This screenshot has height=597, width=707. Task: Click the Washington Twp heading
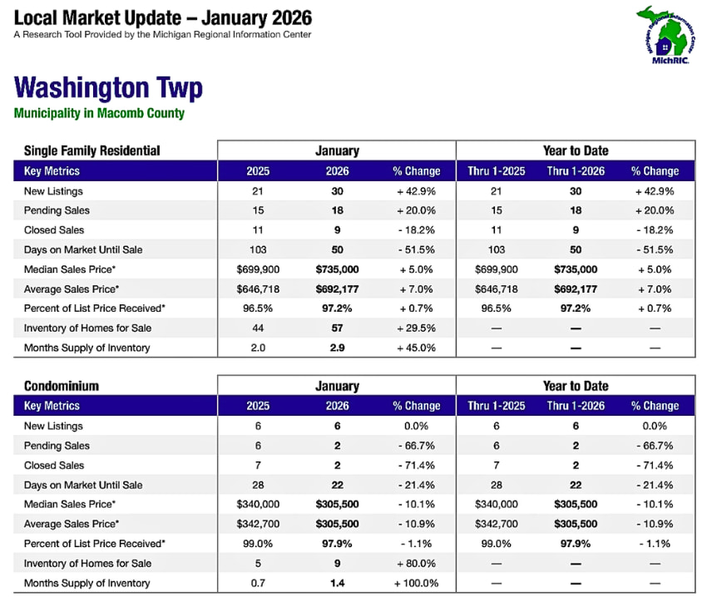108,88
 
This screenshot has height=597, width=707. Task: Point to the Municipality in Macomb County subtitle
99,113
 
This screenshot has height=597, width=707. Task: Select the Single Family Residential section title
92,150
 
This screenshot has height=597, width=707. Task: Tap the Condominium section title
62,386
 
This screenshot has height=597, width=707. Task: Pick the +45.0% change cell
416,348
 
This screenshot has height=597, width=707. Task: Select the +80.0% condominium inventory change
416,563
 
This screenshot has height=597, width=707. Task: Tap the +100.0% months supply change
415,583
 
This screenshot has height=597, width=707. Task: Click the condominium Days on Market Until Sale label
83,485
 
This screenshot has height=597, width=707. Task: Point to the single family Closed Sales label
54,229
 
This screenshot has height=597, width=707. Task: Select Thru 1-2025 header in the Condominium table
497,406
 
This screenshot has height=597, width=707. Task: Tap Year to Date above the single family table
576,150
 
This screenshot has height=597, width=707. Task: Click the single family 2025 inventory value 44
258,328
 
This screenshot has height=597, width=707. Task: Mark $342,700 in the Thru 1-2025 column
497,524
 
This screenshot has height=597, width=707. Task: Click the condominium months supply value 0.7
258,583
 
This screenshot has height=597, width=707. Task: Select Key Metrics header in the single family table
52,170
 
